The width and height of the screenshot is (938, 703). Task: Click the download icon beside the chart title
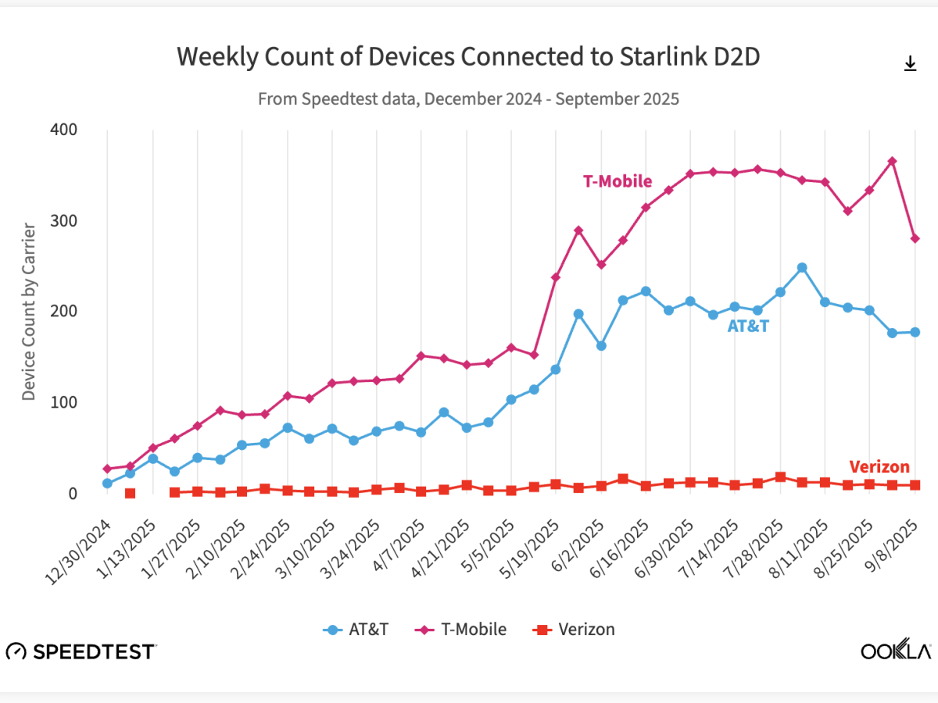[910, 64]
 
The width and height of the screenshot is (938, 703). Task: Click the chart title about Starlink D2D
[467, 57]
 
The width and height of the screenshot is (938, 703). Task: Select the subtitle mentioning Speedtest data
[467, 99]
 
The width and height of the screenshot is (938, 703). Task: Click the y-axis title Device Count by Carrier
[29, 312]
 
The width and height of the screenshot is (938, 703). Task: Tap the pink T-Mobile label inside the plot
[617, 181]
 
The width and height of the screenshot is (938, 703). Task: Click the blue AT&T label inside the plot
[748, 327]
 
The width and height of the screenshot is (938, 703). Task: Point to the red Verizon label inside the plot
[879, 467]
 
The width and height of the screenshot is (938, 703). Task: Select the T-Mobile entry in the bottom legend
[461, 630]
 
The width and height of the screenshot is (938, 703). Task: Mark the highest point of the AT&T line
[802, 268]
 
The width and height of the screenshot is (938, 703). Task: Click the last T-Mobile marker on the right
[915, 238]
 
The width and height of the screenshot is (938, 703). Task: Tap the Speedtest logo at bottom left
[81, 651]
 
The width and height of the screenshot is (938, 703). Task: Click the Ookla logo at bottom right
[896, 651]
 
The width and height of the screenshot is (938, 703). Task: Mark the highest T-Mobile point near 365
[892, 161]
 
